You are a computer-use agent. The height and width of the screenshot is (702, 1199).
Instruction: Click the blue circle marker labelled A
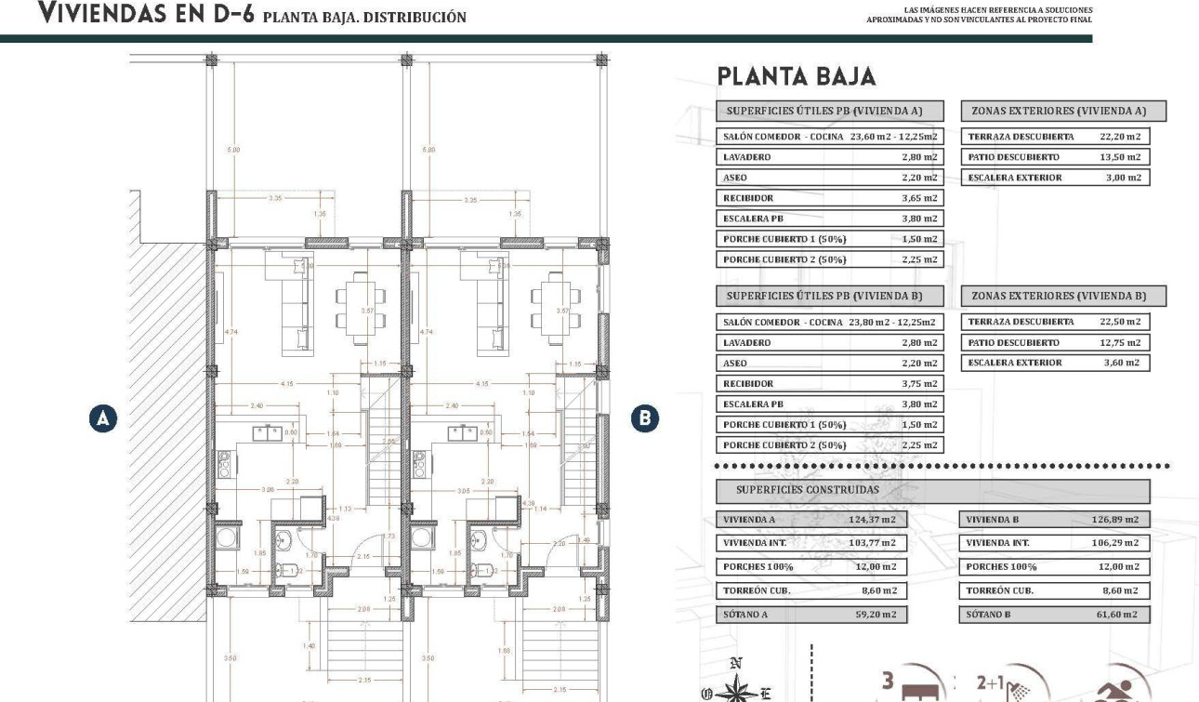coord(103,419)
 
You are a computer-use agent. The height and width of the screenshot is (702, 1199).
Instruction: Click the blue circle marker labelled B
coord(643,419)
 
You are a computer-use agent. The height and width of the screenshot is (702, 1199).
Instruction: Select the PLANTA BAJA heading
coord(797,77)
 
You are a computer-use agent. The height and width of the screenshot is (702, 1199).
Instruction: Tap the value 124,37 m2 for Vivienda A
coord(874,520)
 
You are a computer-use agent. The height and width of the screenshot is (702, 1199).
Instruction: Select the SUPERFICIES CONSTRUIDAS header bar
coord(932,490)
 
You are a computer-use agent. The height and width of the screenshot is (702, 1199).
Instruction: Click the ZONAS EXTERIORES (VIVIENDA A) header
coord(1063,111)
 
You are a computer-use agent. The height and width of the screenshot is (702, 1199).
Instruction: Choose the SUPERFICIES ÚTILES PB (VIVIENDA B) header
coord(830,296)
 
